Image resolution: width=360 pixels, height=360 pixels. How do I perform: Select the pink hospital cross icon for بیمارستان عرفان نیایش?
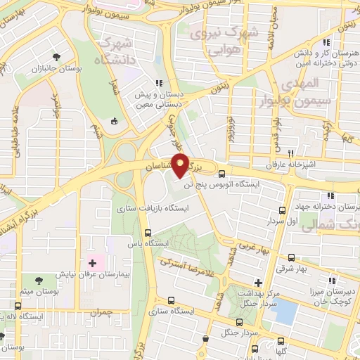pyautogui.click(x=91, y=263)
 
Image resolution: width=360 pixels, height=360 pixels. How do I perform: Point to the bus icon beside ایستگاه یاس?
pyautogui.click(x=148, y=233)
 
